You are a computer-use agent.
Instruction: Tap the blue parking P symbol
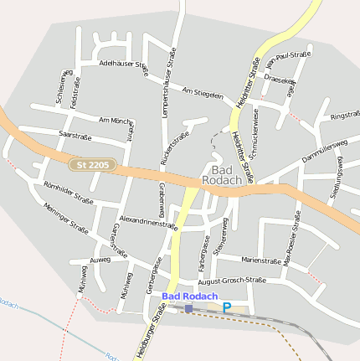pos(226,308)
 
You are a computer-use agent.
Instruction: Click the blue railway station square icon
pos(188,308)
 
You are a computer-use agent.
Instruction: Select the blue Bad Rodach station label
pos(190,297)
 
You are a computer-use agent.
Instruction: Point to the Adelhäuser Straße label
pos(123,64)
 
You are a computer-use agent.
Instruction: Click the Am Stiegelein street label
pos(203,92)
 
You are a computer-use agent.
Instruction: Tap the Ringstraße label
pos(344,115)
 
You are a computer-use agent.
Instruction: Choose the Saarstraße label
pos(75,134)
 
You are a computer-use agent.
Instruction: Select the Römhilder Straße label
pos(67,192)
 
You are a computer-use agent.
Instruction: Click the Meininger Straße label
pos(66,218)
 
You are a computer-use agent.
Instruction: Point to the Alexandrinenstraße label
pos(148,221)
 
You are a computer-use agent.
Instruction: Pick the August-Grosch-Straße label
pos(226,280)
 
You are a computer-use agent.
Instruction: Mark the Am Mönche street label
pos(116,121)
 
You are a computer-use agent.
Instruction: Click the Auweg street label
pos(100,260)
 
